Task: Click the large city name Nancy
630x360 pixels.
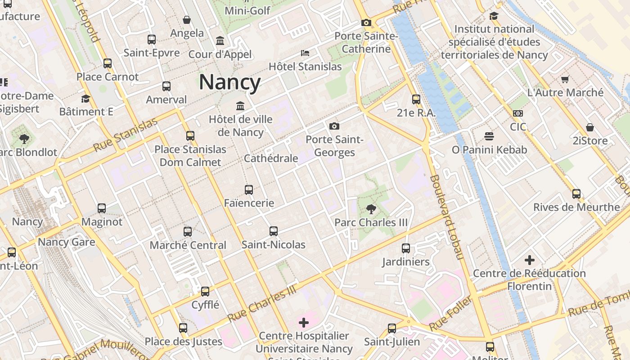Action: pos(229,82)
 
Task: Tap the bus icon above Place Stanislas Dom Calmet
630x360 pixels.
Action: pos(190,135)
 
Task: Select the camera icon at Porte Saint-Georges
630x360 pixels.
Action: pos(334,126)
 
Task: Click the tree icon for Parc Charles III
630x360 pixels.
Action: pos(371,208)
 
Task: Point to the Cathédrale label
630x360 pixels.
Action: pos(271,158)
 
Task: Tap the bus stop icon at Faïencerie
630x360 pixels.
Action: pos(249,190)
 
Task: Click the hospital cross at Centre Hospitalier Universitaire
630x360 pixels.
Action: pos(304,323)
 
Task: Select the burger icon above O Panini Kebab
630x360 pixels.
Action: pos(489,136)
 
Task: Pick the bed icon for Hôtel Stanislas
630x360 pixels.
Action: pos(305,53)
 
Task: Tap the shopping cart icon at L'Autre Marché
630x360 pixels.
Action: pos(565,79)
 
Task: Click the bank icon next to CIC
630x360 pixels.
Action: pos(518,113)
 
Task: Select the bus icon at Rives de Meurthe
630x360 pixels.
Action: pos(576,194)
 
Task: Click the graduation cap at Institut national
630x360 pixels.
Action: pos(494,16)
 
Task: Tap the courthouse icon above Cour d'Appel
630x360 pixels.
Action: pos(220,41)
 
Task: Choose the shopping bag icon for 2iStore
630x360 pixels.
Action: pos(589,127)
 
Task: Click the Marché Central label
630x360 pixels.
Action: pos(188,245)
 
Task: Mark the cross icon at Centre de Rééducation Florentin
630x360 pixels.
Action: pos(530,260)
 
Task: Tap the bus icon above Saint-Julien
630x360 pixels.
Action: pos(392,328)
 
